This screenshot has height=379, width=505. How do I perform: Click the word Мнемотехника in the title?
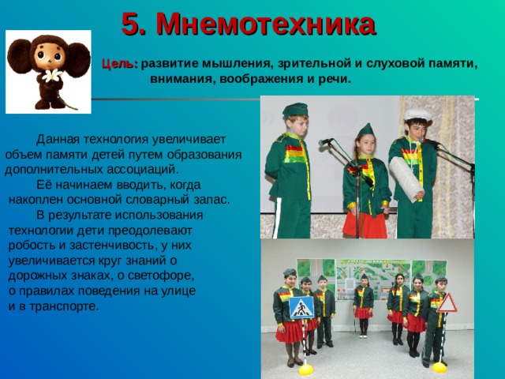[x=266, y=24]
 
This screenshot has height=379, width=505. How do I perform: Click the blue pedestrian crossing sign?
[x=301, y=307]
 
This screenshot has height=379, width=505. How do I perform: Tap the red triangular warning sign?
[x=447, y=302]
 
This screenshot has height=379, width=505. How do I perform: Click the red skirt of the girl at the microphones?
[x=365, y=224]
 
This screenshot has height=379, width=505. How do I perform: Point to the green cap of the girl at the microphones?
[x=365, y=130]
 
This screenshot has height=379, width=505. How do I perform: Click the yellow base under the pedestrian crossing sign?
[x=305, y=368]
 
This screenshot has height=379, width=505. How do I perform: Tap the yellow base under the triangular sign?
[x=439, y=366]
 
